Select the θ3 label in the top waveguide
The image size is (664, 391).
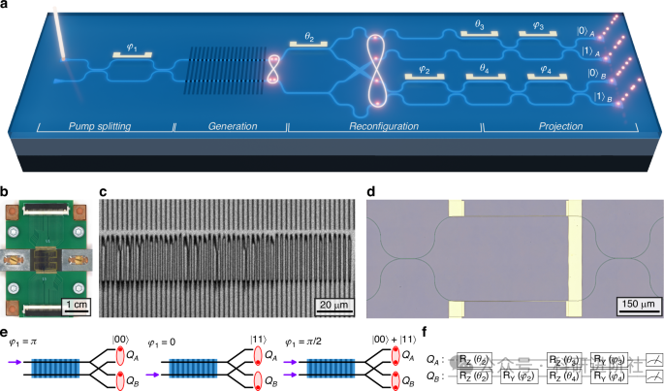477,29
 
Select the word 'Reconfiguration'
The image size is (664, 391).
384,126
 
